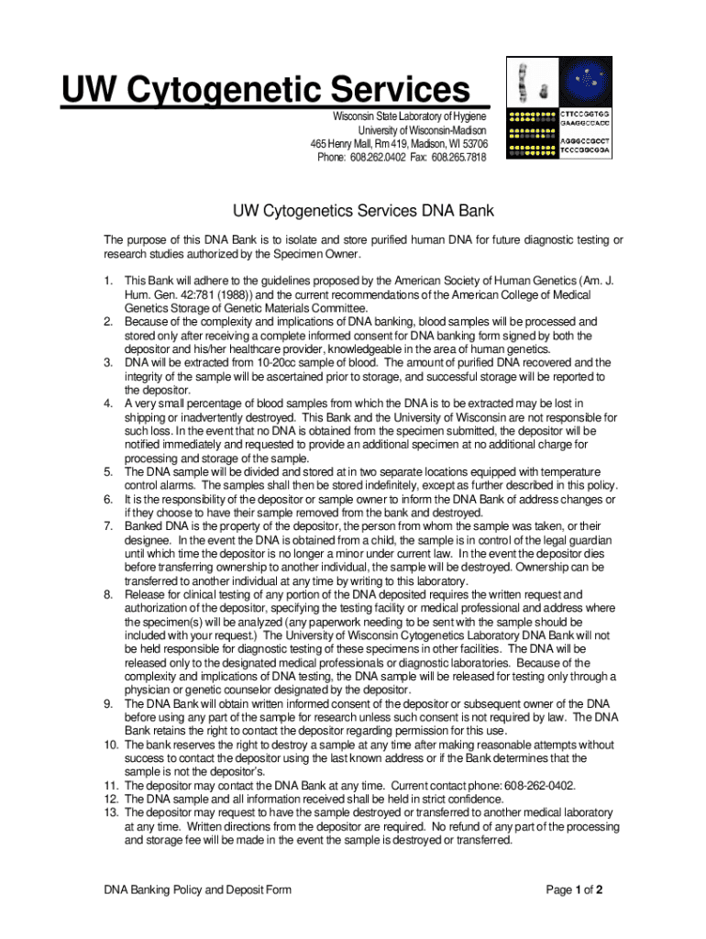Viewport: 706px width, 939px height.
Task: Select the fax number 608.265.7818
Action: (462, 157)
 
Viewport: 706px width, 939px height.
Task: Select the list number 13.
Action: (110, 812)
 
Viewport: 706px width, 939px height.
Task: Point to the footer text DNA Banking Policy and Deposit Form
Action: (197, 889)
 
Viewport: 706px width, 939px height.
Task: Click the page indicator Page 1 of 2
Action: (574, 889)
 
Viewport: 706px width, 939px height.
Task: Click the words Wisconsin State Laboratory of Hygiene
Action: (409, 116)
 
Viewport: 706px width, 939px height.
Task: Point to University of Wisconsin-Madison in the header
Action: (423, 130)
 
